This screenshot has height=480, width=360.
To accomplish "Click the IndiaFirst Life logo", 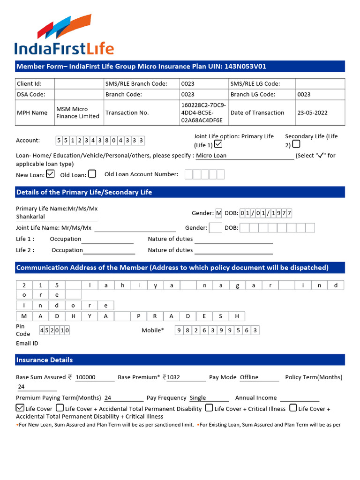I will [x=64, y=35].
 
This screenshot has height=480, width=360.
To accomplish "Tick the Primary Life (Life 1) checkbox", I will [x=218, y=144].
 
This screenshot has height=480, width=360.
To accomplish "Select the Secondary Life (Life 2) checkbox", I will [x=296, y=144].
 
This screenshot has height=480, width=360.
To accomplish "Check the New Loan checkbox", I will [x=50, y=174].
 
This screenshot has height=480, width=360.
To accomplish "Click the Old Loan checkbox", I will [x=92, y=174].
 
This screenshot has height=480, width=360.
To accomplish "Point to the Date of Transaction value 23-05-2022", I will [x=312, y=113].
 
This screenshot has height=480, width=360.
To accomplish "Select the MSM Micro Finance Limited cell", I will [x=78, y=113].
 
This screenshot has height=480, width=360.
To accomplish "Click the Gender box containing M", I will [x=218, y=213].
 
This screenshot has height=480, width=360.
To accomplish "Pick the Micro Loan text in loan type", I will [x=211, y=156].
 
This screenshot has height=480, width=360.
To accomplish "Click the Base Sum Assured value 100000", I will [x=85, y=377].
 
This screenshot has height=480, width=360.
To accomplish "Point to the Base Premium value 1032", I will [x=173, y=377].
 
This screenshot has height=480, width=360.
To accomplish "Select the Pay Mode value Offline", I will [x=249, y=377].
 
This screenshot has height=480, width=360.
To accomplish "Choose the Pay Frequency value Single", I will [x=198, y=398].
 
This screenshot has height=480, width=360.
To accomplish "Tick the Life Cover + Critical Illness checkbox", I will [x=209, y=408].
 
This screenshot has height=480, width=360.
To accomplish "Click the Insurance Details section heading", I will [x=45, y=360].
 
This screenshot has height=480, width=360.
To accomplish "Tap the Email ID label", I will [x=27, y=343].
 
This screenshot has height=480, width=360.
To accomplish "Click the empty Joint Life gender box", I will [x=215, y=228].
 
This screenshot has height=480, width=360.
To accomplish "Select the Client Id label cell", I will [x=29, y=84].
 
